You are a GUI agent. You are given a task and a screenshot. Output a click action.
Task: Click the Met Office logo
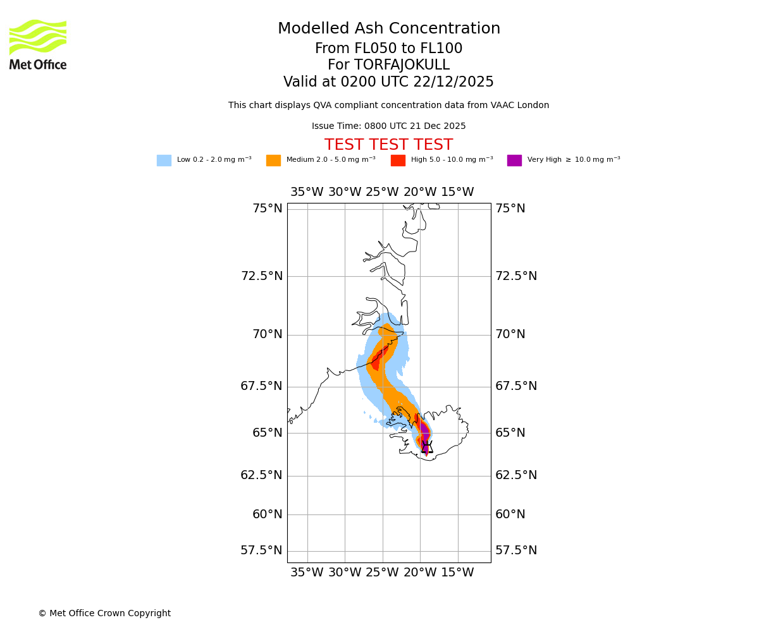click(x=38, y=44)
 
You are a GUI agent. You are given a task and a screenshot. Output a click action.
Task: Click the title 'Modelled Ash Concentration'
click(x=389, y=29)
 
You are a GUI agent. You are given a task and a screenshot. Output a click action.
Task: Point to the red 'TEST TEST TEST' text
click(x=388, y=145)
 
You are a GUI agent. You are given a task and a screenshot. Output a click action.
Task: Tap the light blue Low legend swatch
click(x=164, y=161)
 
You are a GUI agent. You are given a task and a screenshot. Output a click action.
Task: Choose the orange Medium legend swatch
click(x=273, y=161)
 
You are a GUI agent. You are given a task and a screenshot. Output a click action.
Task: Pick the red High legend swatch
click(x=398, y=161)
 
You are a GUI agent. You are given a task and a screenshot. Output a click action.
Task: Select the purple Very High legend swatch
click(x=514, y=161)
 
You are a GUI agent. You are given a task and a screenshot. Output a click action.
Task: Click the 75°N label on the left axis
click(x=268, y=209)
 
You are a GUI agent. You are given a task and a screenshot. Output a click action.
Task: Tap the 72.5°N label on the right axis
click(x=516, y=276)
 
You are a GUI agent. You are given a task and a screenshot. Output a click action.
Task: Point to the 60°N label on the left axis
click(x=268, y=514)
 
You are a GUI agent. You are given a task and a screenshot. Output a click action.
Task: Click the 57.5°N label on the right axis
click(x=516, y=550)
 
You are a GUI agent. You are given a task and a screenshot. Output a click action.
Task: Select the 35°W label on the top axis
click(x=307, y=192)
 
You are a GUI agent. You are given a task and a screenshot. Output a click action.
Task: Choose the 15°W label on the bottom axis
click(x=457, y=573)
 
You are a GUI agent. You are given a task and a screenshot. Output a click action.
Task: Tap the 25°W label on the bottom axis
click(x=382, y=573)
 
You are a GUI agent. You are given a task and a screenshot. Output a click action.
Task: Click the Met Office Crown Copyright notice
click(x=104, y=614)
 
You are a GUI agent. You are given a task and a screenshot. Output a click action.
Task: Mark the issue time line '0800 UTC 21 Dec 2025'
click(x=388, y=126)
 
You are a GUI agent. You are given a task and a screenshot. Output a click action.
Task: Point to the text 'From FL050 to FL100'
click(x=388, y=49)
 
